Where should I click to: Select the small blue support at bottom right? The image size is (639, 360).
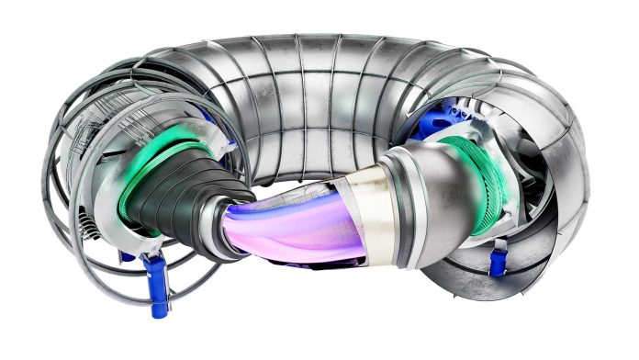coord(498,259)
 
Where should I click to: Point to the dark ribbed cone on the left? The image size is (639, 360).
coord(180,194)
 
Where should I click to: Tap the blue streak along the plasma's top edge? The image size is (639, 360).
coord(275,204)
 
